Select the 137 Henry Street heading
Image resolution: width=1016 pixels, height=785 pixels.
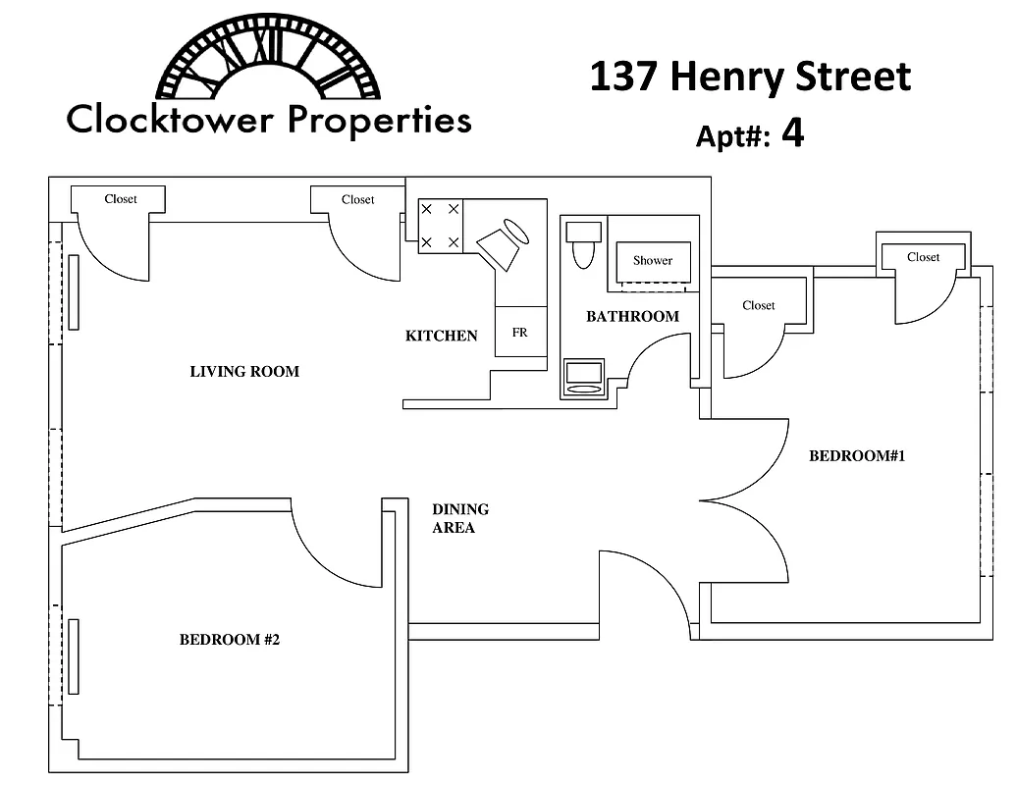click(750, 78)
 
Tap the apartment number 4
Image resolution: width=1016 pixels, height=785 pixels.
click(792, 133)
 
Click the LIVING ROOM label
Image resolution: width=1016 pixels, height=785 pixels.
click(244, 372)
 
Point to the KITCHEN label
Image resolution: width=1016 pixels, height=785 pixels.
click(441, 337)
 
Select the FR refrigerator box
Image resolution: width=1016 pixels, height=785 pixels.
click(520, 333)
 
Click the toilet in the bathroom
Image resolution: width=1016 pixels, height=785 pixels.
click(584, 244)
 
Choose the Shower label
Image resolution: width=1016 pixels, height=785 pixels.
click(653, 261)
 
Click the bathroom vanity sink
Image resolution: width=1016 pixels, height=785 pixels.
click(584, 379)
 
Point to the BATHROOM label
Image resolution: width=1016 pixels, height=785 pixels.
click(632, 317)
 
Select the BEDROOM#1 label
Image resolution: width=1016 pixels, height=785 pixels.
click(856, 456)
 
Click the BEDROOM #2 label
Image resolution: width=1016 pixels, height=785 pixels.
click(230, 641)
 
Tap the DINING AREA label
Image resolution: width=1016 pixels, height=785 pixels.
click(459, 519)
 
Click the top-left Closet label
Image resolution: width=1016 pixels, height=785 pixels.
click(121, 199)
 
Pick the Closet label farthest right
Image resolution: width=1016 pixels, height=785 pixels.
click(923, 257)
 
